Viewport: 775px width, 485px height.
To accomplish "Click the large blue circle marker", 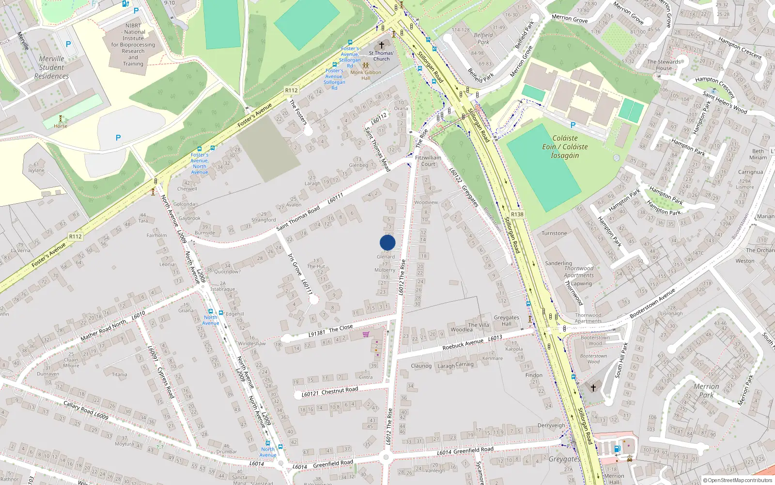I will pyautogui.click(x=387, y=242).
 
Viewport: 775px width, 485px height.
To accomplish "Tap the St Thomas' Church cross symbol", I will pyautogui.click(x=382, y=45).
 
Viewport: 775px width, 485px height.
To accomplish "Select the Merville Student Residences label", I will pyautogui.click(x=51, y=67).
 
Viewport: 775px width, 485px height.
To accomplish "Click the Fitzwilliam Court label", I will pyautogui.click(x=428, y=161).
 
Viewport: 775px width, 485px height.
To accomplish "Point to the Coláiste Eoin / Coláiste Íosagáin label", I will pyautogui.click(x=565, y=146).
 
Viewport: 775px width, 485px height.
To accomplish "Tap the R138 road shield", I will pyautogui.click(x=517, y=214).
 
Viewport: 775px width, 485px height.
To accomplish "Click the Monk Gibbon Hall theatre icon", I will pyautogui.click(x=366, y=65).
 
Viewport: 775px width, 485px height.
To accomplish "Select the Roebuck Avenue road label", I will pyautogui.click(x=463, y=344).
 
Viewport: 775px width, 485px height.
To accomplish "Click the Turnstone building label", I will pyautogui.click(x=554, y=233).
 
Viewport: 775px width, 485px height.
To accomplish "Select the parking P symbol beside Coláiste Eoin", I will pyautogui.click(x=573, y=125).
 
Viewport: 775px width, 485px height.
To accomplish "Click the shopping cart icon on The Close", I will pyautogui.click(x=366, y=334).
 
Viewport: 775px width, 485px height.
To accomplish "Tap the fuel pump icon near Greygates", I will pyautogui.click(x=617, y=449).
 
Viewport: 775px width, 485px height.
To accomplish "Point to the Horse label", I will pyautogui.click(x=61, y=126).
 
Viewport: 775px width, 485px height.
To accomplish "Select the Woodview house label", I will pyautogui.click(x=426, y=202).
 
